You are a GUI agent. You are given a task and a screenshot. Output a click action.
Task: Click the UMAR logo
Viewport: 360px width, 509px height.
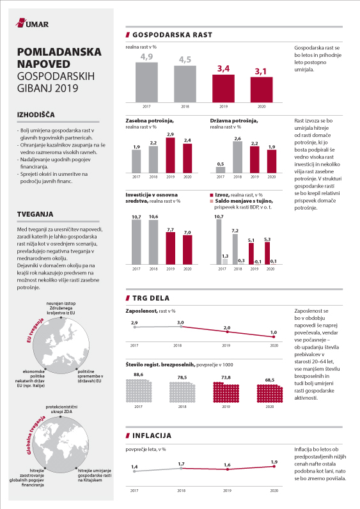[32, 23]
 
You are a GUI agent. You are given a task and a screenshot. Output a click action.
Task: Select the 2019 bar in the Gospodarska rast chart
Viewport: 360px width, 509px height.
[223, 89]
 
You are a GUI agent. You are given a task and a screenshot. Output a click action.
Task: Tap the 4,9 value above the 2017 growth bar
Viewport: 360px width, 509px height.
[146, 57]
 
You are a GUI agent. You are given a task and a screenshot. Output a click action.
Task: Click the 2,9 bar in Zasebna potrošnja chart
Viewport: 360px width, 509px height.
[171, 155]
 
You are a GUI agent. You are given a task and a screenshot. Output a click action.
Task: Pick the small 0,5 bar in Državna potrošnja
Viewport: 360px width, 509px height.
[221, 170]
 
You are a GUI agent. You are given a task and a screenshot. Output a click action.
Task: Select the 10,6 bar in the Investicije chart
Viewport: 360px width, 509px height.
[153, 242]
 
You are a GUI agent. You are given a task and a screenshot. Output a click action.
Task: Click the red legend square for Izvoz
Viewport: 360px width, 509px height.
[212, 195]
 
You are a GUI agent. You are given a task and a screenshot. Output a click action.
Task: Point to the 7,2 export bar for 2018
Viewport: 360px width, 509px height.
[235, 249]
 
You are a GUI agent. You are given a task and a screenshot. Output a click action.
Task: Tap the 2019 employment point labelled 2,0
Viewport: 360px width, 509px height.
[227, 332]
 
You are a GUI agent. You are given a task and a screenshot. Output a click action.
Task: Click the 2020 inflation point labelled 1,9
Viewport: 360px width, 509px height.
[274, 466]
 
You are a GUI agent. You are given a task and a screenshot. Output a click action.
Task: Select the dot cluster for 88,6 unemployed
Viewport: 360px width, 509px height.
[139, 391]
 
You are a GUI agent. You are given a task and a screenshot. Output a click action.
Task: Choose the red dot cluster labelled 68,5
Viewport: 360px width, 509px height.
[270, 393]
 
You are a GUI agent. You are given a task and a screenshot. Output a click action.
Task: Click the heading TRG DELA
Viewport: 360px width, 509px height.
[151, 298]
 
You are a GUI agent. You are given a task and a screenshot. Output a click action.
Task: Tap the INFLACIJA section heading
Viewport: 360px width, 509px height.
[152, 435]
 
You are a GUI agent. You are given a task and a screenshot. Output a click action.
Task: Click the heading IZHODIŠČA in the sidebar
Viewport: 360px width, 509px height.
[36, 114]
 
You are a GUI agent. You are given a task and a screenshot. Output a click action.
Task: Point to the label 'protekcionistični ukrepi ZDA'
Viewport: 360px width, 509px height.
[61, 409]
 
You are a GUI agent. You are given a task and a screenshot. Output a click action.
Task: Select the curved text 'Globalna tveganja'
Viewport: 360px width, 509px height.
[35, 434]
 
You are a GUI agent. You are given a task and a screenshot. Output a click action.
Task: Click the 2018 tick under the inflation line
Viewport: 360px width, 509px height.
[181, 490]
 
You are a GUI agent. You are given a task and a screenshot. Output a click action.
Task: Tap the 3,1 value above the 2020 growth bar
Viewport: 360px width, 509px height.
[261, 71]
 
